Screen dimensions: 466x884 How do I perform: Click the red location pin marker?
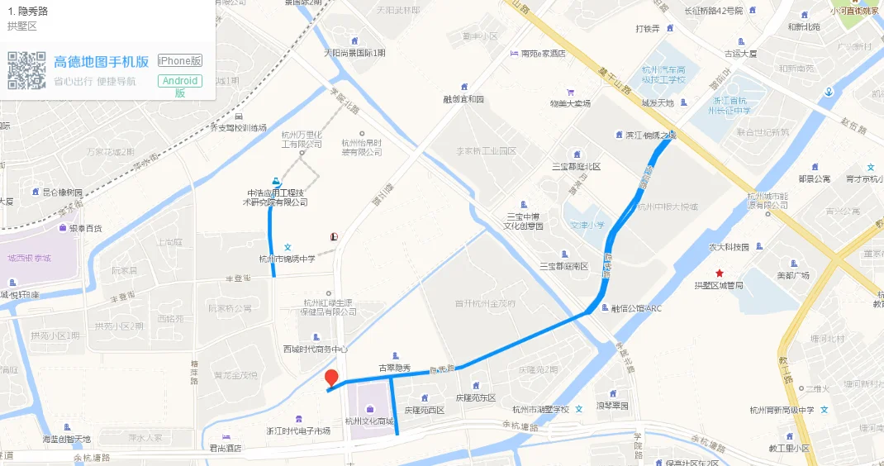coord(331,378)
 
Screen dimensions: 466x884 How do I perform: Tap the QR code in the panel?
coord(26,70)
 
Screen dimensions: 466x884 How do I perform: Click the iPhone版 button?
coord(180,61)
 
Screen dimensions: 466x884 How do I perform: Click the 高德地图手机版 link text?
coord(101,62)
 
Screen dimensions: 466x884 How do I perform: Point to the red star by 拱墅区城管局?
coord(720,273)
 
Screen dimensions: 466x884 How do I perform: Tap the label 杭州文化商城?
coord(369,420)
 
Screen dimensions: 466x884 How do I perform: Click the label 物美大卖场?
coord(570,103)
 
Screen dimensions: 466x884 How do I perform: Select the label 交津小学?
coord(587,224)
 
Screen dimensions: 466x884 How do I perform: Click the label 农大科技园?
coord(728,247)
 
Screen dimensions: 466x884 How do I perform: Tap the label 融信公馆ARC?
coord(636,309)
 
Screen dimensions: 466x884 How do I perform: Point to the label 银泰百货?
coord(85,228)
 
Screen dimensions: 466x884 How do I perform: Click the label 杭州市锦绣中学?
coord(288,259)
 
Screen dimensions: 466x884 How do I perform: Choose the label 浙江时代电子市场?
coord(297,431)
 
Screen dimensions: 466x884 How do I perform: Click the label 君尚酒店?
coord(224,449)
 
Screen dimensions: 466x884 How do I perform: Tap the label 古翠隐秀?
coord(394,368)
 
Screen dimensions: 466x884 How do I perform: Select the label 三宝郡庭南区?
coord(563,266)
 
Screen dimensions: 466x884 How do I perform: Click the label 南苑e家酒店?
coord(543,54)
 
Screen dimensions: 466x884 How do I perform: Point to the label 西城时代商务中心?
coord(316,349)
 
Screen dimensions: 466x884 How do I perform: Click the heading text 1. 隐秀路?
coord(26,12)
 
